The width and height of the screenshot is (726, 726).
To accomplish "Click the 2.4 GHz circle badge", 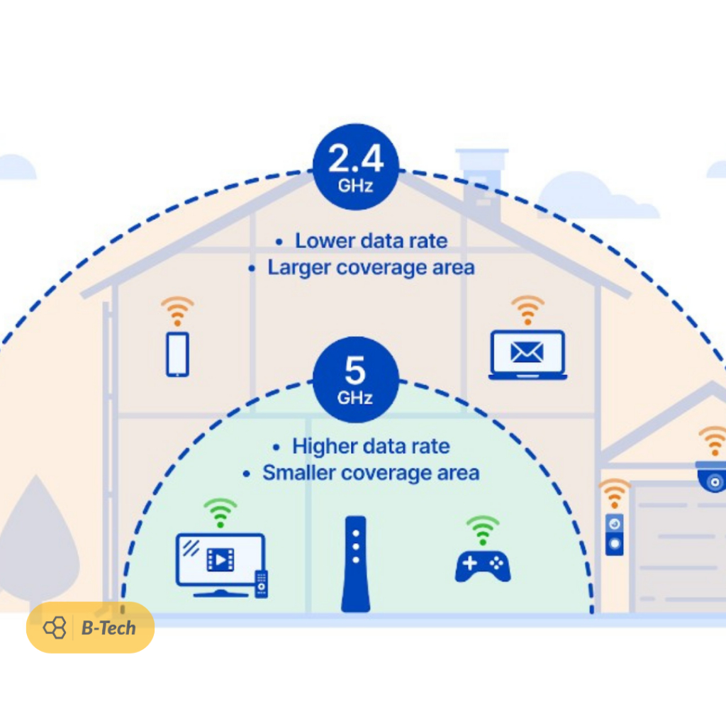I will click(356, 167).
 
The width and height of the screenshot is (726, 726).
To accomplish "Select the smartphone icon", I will click(177, 354).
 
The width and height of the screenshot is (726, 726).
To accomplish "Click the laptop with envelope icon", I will click(527, 354).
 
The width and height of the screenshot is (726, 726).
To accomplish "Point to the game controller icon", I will click(483, 565).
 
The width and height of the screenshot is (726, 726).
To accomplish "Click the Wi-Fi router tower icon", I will click(355, 564).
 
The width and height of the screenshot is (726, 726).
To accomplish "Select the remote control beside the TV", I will click(261, 583).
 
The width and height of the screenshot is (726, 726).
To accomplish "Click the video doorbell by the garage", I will click(614, 533).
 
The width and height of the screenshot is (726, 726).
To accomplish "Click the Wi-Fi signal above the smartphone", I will click(177, 311).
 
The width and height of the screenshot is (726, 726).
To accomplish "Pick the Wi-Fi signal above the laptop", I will click(527, 310).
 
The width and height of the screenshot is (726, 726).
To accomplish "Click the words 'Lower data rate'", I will click(371, 241).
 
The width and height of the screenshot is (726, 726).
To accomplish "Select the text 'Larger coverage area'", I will click(371, 267).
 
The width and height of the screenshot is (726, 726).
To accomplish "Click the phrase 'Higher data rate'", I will click(371, 447).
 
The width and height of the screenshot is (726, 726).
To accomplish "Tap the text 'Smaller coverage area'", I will click(371, 473).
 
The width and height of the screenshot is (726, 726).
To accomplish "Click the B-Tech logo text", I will click(108, 627).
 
